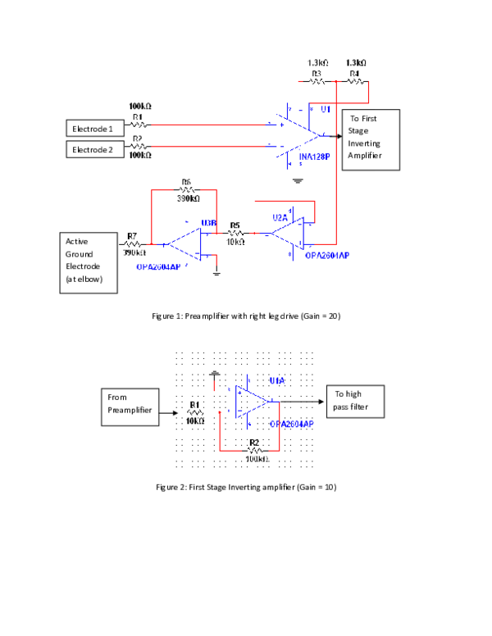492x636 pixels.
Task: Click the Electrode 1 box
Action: tap(93, 128)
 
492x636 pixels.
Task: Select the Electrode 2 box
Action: tap(93, 149)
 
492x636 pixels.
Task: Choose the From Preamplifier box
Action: tap(130, 407)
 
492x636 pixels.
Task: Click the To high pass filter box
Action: tap(354, 401)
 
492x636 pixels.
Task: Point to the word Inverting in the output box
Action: tap(364, 143)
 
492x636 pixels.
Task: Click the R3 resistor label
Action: tap(317, 74)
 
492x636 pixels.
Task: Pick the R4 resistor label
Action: tap(354, 74)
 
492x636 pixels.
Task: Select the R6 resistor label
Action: tap(186, 182)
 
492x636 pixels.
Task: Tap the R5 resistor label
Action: tap(235, 225)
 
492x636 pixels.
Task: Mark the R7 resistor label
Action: tap(132, 236)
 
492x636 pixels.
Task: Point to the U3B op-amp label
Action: tap(208, 223)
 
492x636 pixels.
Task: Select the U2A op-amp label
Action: tap(280, 217)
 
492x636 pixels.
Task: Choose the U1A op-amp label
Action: tap(276, 381)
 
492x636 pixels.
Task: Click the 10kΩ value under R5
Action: tap(235, 242)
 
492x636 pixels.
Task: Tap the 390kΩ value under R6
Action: tap(189, 198)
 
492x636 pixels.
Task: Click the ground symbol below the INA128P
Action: tap(298, 179)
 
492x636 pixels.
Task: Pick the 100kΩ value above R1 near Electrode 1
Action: tap(140, 107)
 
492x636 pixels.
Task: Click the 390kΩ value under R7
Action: tap(134, 252)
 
